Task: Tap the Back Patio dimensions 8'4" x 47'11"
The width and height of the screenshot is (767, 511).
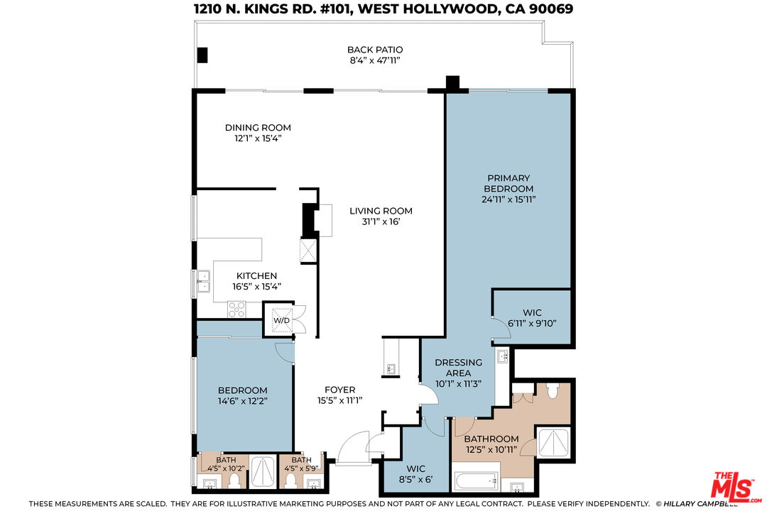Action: point(375,61)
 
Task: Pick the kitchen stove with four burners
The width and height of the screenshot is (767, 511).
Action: point(236,309)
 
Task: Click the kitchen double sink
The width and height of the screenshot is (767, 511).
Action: point(203,282)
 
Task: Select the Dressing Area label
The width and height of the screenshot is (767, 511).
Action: point(458,367)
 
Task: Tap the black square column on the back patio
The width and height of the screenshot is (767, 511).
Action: point(202,54)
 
